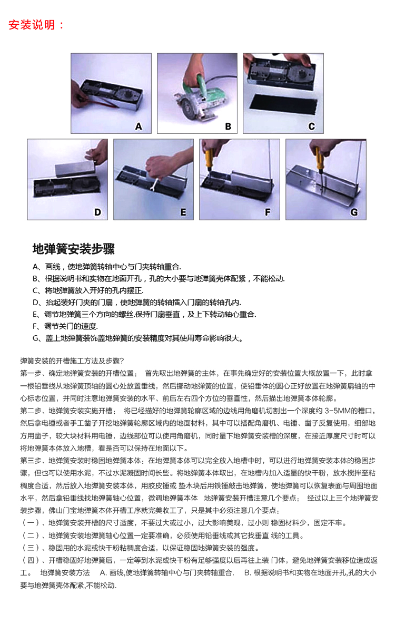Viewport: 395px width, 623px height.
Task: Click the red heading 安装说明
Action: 32,25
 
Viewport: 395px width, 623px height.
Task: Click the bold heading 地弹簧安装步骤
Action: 73,249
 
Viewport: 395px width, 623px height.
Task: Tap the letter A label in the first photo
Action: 138,126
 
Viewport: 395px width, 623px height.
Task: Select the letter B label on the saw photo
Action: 228,126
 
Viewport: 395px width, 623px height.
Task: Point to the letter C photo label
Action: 312,126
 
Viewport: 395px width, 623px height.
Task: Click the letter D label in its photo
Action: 97,212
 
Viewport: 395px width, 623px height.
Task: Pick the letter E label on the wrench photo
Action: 183,212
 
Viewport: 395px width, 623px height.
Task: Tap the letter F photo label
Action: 268,212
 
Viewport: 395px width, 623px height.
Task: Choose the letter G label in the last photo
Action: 354,212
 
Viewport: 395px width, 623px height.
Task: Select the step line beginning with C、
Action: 88,290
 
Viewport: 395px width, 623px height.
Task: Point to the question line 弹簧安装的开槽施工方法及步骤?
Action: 72,361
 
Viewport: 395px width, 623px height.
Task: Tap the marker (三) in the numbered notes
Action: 31,548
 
